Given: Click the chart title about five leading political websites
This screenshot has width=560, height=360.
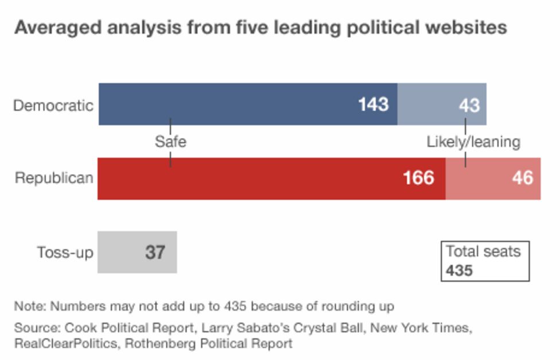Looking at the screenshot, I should coord(260,28).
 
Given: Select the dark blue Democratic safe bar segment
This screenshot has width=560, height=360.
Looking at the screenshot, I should coord(230,104).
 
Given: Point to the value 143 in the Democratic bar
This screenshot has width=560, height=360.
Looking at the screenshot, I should coord(373,104).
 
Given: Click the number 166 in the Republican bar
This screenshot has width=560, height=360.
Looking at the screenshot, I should coord(418,178).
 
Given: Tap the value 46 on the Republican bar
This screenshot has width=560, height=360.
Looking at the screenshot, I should coord(522,178).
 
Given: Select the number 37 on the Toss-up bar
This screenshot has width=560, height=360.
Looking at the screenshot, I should coord(155,253).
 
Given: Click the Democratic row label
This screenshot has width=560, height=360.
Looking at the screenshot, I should coord(53,106).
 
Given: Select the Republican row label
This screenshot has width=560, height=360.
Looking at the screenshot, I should coord(54,178).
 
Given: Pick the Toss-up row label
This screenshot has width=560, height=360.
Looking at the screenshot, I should coord(65,253).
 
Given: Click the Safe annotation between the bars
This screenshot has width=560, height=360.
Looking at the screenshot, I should coord(170,142).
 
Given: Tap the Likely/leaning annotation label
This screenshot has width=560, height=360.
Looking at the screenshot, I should coord(473,142).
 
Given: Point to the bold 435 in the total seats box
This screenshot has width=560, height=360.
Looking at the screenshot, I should coord(459,270).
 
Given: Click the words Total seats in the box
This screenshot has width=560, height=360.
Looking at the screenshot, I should coord(483,251).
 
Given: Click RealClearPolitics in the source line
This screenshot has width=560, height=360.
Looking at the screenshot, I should coord(63,344).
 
